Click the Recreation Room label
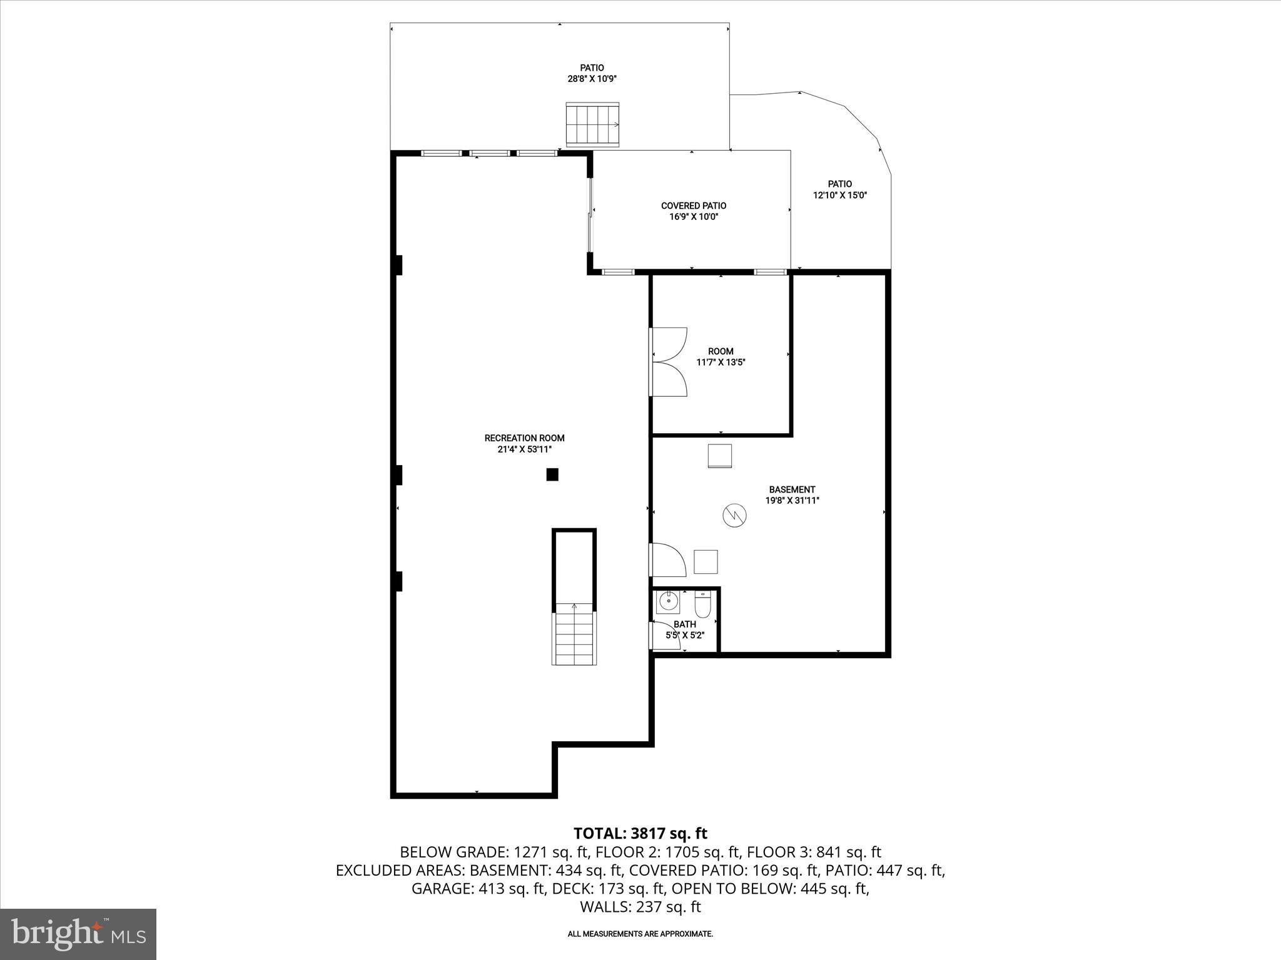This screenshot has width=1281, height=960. (x=524, y=438)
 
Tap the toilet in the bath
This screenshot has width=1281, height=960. (x=702, y=606)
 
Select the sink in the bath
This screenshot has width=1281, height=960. (x=668, y=602)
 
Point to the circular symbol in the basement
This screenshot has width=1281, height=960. (x=734, y=515)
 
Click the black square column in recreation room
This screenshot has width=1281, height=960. (x=552, y=474)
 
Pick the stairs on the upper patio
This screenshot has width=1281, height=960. (x=592, y=124)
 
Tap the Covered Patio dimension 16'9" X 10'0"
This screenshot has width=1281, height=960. (x=694, y=217)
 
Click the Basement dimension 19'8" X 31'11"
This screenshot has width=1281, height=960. (x=792, y=500)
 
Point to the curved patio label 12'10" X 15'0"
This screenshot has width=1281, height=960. (x=839, y=195)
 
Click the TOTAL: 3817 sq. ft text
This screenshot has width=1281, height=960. (x=640, y=833)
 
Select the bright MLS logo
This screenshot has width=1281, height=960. (x=78, y=934)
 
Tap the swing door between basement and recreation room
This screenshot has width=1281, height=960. (x=668, y=560)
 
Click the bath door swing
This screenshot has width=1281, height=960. (x=666, y=636)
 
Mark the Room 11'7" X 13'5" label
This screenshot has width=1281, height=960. (x=721, y=357)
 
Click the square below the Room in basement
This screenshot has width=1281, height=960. (x=719, y=456)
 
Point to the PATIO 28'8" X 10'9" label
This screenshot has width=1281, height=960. (x=592, y=73)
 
